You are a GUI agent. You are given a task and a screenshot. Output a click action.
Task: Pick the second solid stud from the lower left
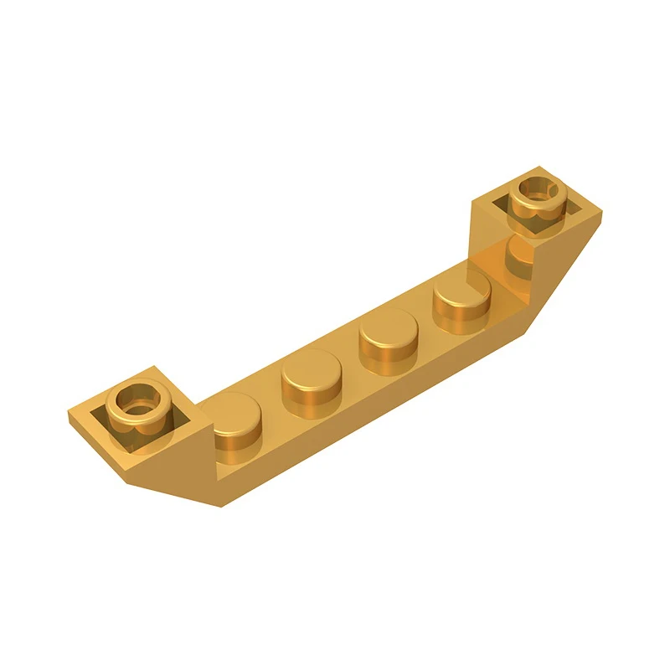(x=309, y=381)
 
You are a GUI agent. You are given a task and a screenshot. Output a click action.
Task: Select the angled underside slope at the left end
(x=167, y=469)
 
